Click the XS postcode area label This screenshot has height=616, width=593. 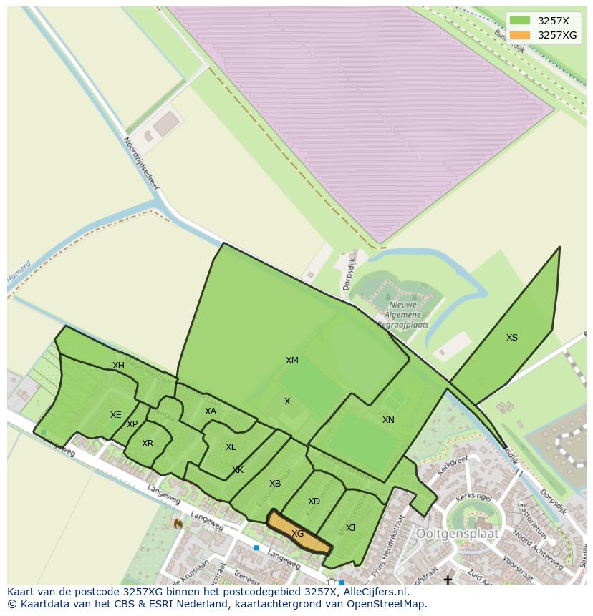pos(511,338)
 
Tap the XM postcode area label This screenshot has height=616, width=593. pos(292,361)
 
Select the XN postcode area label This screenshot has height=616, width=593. pos(388,420)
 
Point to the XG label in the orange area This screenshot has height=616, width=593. pos(298,534)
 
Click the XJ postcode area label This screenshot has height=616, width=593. pos(350,528)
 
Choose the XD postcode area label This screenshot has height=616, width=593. pos(314,502)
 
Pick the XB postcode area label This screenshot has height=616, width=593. pos(275,484)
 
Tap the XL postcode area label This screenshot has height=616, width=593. pos(231,447)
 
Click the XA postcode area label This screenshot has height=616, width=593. pos(210,411)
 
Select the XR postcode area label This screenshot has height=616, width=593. pos(148,444)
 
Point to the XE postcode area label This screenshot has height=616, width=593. pos(115,415)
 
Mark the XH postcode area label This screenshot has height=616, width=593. pos(118,366)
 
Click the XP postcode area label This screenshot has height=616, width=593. pos(132,424)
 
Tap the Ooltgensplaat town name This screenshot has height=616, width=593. pos(458,534)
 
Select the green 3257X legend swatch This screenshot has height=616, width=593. pos(520,20)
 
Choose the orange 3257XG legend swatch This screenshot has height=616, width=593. pos(520,35)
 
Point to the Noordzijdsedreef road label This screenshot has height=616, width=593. pos(141,164)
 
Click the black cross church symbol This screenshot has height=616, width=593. pos(448,580)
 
